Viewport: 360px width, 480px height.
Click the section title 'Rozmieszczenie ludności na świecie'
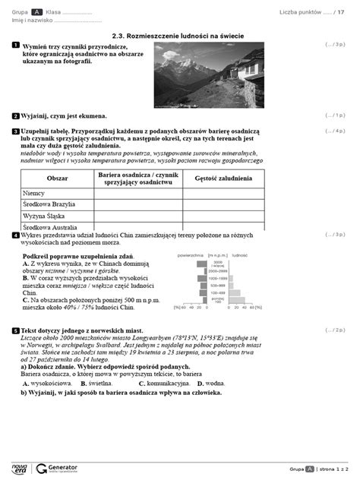click(185, 35)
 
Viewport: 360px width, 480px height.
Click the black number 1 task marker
click(15, 46)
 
